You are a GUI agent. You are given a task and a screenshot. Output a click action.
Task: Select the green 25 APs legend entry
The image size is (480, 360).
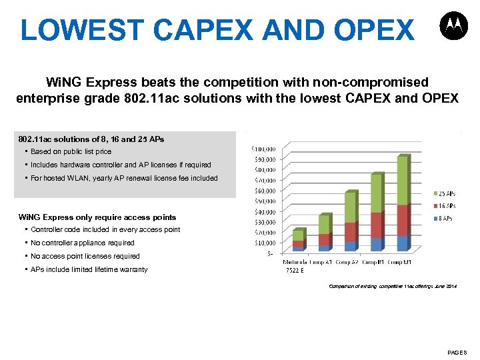click(x=445, y=194)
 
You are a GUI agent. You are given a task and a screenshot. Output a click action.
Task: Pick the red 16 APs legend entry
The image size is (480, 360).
click(x=445, y=206)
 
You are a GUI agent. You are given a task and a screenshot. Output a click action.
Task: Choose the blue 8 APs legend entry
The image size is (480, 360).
click(x=445, y=218)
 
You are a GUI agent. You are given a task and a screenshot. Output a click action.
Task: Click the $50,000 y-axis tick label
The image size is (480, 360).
click(x=262, y=201)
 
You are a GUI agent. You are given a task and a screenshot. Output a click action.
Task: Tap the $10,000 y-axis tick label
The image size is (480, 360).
click(x=262, y=243)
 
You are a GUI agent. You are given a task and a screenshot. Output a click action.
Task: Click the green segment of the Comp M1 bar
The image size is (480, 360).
click(x=403, y=181)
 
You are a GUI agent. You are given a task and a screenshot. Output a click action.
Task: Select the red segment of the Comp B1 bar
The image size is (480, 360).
click(x=377, y=225)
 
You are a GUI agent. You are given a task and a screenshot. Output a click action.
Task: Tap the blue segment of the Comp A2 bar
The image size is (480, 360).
click(x=350, y=246)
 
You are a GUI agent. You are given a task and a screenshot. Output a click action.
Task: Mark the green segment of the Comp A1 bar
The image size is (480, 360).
click(x=324, y=225)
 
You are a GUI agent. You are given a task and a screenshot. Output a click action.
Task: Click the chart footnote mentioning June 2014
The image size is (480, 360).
click(x=393, y=286)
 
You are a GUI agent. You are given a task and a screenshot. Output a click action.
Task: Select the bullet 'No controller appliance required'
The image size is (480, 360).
click(x=82, y=243)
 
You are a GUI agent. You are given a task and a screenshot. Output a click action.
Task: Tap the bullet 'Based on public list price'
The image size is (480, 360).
click(x=71, y=151)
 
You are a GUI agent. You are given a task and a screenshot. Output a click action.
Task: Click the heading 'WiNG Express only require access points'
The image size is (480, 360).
click(x=97, y=217)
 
